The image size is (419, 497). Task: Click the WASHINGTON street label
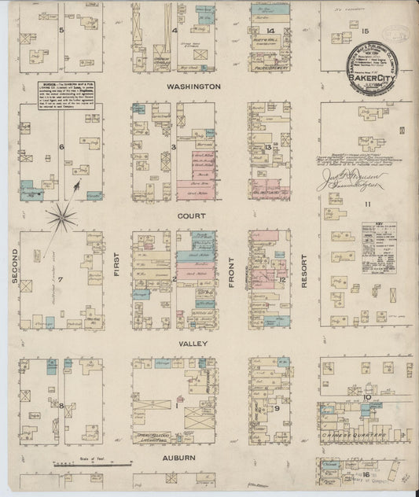193,86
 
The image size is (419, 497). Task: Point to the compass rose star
61,213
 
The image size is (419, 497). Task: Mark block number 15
364,31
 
